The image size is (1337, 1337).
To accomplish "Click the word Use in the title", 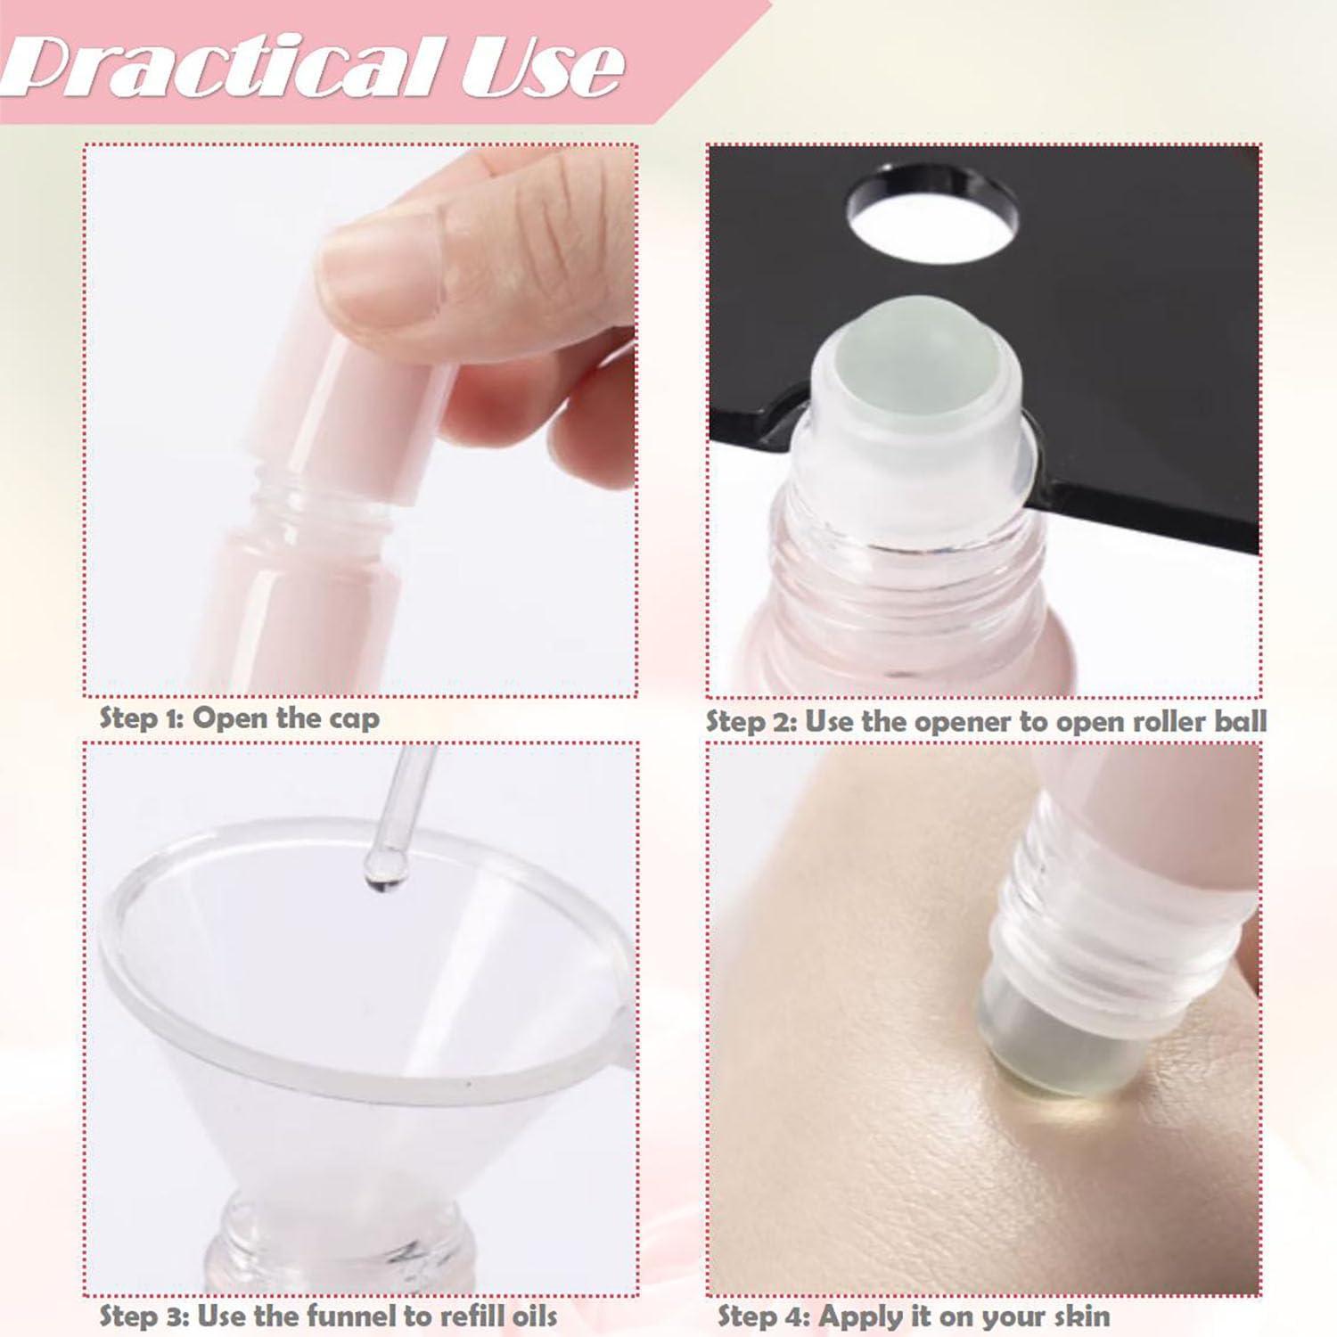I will [x=542, y=67].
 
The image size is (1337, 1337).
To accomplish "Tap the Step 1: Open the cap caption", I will [x=239, y=718].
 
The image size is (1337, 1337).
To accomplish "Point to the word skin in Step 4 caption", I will [x=1081, y=1316].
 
